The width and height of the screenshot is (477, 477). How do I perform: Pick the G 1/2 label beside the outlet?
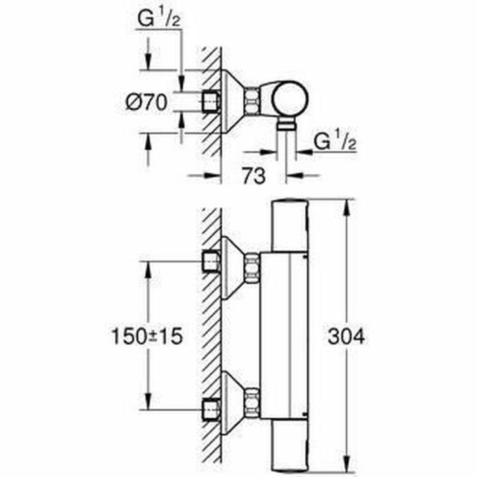(336, 142)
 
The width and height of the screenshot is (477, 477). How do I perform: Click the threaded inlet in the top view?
(212, 102)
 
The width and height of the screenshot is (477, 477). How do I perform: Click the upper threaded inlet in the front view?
(212, 260)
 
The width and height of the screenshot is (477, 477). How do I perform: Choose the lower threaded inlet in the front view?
(212, 410)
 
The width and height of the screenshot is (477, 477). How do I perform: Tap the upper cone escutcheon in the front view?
(232, 267)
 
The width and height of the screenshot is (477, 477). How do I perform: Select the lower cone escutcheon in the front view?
(232, 402)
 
